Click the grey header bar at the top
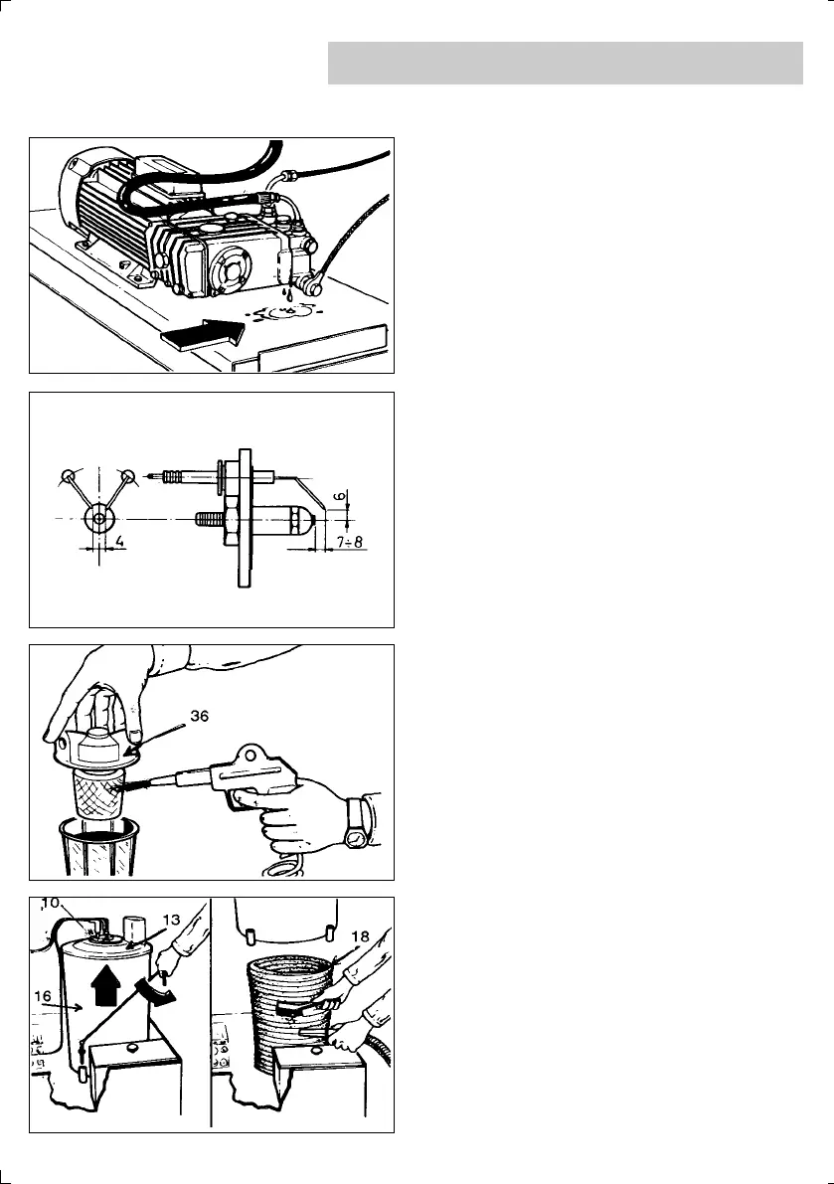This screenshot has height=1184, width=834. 565,63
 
